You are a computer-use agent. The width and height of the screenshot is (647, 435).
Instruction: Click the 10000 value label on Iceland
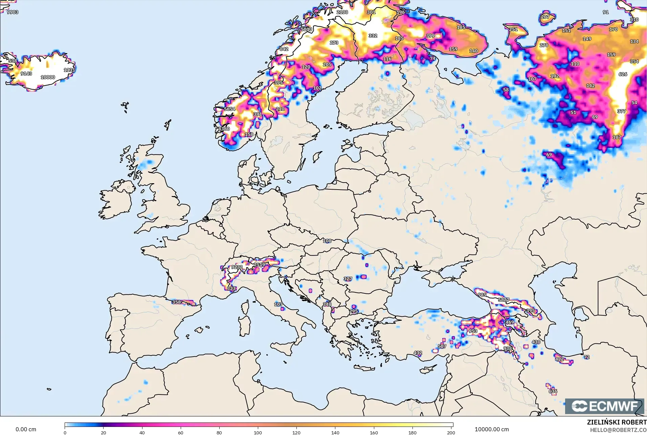(x=48, y=77)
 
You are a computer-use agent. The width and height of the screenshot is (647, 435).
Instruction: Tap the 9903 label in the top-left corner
(x=13, y=12)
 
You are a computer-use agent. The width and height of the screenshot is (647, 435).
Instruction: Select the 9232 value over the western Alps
(x=237, y=267)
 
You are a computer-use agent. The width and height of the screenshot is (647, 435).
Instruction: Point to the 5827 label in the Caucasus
(x=504, y=300)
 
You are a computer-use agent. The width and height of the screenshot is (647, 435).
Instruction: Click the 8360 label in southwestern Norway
(x=224, y=129)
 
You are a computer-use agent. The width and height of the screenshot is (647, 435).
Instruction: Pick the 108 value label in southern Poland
(x=327, y=241)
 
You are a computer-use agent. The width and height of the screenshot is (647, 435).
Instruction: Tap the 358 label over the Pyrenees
(x=176, y=302)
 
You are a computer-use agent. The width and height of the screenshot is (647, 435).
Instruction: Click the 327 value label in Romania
(x=348, y=279)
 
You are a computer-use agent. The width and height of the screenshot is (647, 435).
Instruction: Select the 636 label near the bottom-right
(x=553, y=391)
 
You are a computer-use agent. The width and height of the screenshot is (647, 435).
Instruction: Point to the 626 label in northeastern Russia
(x=623, y=74)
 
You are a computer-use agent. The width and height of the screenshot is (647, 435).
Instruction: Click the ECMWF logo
(x=605, y=406)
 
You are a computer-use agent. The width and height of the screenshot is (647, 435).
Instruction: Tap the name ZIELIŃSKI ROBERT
(x=617, y=422)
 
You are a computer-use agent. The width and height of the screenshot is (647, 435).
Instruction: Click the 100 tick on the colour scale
(x=258, y=433)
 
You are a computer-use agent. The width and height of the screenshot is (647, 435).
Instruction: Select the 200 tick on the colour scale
(x=451, y=433)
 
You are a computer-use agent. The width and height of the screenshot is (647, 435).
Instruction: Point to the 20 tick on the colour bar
(x=104, y=433)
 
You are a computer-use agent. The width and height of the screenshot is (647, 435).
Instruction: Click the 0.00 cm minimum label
(x=26, y=430)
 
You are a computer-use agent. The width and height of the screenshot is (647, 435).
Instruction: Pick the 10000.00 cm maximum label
(x=492, y=430)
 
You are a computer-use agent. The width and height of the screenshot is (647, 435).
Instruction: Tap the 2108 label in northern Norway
(x=342, y=12)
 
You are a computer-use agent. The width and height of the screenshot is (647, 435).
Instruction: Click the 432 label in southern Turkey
(x=418, y=353)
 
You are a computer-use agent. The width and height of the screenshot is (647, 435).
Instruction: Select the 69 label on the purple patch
(x=549, y=155)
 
